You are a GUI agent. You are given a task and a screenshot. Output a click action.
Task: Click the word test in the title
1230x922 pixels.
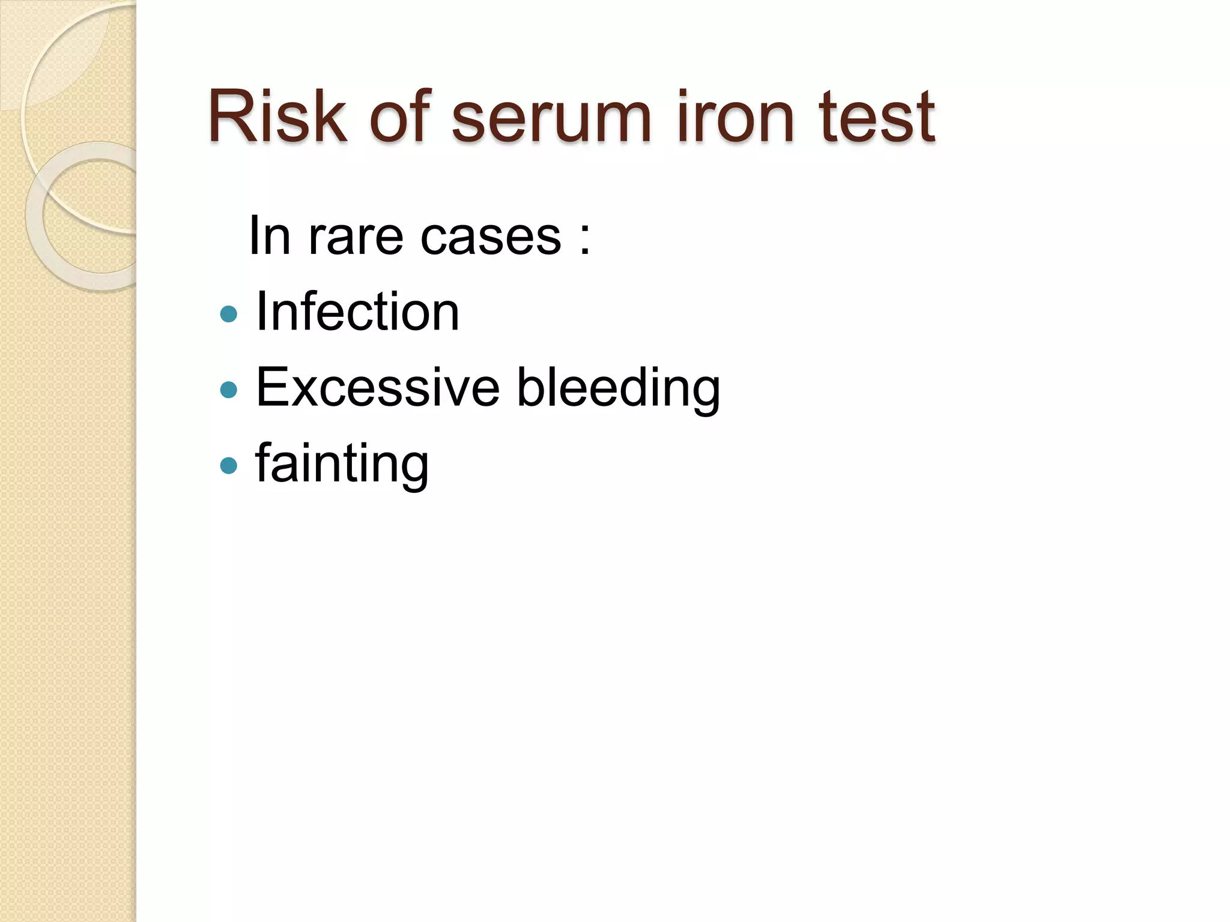coord(877,119)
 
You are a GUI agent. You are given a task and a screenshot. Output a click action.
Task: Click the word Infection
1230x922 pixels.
coord(357,312)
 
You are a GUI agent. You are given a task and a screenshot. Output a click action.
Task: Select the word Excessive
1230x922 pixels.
coord(377,388)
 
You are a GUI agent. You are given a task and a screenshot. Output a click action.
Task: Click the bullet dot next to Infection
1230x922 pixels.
coord(229,314)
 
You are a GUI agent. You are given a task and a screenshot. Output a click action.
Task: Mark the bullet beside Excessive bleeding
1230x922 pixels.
coord(229,390)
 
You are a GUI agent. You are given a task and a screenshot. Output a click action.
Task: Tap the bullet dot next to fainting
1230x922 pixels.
coord(229,465)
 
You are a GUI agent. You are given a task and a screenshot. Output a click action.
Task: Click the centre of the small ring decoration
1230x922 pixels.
coord(99,216)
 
